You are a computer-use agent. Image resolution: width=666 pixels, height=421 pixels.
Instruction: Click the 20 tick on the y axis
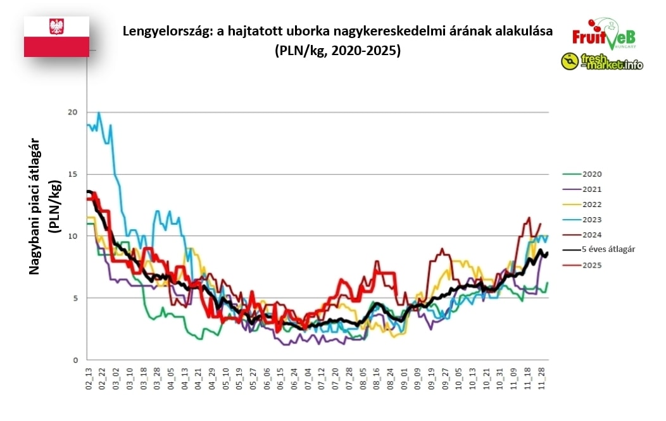(73, 113)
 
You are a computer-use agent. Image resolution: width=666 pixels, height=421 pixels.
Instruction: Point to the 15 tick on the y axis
(73, 174)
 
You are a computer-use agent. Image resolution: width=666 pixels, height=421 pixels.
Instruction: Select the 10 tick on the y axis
(73, 236)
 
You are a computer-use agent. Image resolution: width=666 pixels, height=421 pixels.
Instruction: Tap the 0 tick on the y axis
(75, 360)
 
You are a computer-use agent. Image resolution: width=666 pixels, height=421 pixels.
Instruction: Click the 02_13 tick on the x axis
(89, 378)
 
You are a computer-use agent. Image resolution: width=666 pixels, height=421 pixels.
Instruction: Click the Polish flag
(56, 37)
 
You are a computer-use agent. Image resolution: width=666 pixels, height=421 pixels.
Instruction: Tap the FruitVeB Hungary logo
(603, 35)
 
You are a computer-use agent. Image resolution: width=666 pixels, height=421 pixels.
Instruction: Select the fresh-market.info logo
(601, 61)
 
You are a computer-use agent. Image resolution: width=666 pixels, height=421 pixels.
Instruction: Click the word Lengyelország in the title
(161, 31)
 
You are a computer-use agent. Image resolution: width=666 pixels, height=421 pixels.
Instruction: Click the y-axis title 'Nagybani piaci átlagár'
(35, 206)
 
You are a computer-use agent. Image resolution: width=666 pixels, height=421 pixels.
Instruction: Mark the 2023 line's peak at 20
(99, 113)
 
